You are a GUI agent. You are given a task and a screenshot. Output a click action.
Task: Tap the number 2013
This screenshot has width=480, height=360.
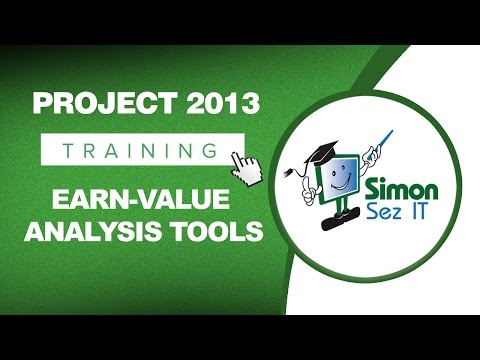click(x=208, y=104)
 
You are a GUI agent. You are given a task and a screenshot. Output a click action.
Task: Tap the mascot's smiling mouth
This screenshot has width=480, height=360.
click(x=343, y=183)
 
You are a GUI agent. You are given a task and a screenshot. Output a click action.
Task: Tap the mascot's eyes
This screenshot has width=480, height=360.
click(x=345, y=166)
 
